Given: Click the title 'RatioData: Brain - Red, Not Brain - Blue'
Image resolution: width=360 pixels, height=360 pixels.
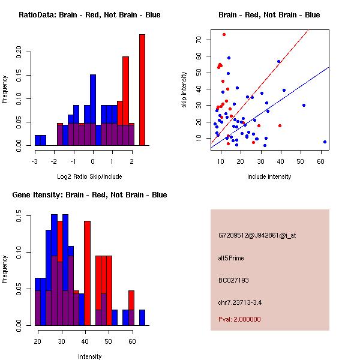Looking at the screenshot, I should (89, 15).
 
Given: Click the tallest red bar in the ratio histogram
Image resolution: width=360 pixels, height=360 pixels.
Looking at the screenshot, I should (142, 90).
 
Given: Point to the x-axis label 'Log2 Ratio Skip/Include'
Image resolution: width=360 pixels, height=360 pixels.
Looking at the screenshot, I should (89, 176).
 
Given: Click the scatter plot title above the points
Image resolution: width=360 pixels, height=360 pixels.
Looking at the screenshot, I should (269, 15).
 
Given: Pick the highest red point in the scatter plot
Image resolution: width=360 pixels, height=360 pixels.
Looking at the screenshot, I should (224, 34).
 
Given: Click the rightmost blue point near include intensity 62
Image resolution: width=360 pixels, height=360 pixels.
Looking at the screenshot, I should (325, 142).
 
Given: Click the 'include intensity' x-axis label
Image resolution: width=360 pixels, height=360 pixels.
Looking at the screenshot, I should (269, 176).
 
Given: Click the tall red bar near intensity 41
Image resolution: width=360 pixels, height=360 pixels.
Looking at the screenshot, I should (87, 273).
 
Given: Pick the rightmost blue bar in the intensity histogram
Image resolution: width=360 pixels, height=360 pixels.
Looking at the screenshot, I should (142, 317).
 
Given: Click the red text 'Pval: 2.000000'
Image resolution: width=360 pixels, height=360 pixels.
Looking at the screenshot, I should (239, 319).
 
